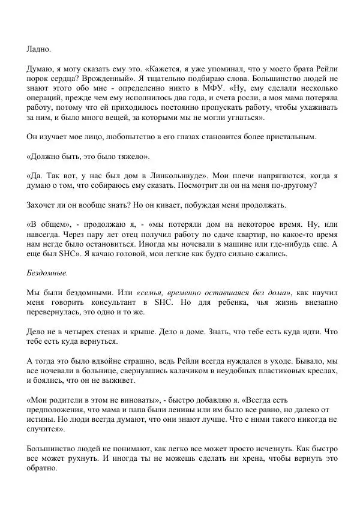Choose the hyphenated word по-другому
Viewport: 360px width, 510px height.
tap(294, 185)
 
